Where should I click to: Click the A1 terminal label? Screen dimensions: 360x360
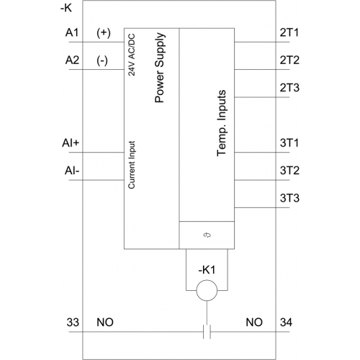(72, 32)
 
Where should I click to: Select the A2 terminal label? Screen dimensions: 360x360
(72, 60)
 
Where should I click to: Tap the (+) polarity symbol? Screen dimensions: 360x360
(104, 32)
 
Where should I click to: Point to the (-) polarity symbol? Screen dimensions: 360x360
(102, 60)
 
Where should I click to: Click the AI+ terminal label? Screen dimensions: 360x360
(71, 143)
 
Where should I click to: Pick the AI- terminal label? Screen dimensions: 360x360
(72, 171)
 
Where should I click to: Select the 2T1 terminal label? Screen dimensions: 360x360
(289, 32)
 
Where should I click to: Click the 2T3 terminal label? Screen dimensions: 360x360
(289, 88)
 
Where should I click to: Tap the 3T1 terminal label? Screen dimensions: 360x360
(289, 143)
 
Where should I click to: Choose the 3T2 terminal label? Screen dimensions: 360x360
(289, 171)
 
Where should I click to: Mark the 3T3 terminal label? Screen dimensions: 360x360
(289, 198)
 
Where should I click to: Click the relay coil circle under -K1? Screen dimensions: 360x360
(207, 280)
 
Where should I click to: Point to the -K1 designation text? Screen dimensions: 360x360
(207, 270)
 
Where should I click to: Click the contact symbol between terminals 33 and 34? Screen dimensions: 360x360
(207, 332)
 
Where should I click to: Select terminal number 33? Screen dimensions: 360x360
(73, 322)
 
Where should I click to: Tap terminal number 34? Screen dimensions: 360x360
(286, 322)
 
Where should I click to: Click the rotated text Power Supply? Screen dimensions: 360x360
(160, 68)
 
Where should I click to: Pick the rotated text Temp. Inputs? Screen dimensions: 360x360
(222, 123)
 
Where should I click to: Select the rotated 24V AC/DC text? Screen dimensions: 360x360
(132, 55)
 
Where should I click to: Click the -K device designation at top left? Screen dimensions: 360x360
(66, 9)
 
